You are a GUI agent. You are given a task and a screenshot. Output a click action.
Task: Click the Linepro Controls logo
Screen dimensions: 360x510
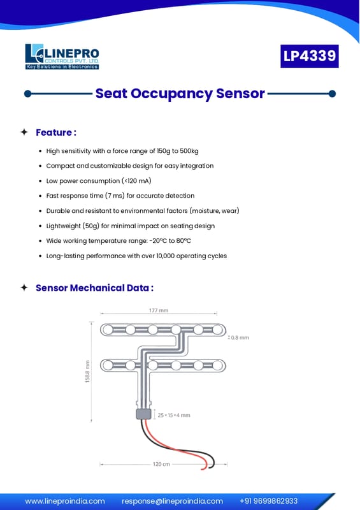(62, 57)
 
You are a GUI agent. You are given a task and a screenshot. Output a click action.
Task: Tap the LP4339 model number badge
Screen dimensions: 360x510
(309, 56)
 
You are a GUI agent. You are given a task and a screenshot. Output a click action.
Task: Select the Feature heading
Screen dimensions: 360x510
(56, 133)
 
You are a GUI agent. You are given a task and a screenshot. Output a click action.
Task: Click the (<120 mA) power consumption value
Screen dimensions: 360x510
(136, 181)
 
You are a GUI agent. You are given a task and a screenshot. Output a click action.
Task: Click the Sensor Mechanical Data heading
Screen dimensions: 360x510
(94, 288)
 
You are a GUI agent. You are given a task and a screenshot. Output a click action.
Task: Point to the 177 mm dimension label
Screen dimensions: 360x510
(159, 310)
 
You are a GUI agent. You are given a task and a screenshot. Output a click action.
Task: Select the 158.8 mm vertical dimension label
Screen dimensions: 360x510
(87, 372)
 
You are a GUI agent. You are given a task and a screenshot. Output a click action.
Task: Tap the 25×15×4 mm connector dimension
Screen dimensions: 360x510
(174, 415)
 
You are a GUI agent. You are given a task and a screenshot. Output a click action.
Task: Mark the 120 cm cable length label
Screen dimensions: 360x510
(161, 464)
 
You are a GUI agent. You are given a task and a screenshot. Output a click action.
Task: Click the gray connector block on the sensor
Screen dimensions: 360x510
(143, 414)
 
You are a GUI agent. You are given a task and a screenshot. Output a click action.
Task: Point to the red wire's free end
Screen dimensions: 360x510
(202, 469)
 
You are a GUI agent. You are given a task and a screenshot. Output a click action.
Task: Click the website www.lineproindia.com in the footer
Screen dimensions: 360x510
(65, 501)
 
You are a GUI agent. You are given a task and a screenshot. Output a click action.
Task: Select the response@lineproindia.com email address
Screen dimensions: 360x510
(173, 501)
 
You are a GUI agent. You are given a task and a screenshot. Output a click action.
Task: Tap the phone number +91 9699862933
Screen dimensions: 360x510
(269, 501)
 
